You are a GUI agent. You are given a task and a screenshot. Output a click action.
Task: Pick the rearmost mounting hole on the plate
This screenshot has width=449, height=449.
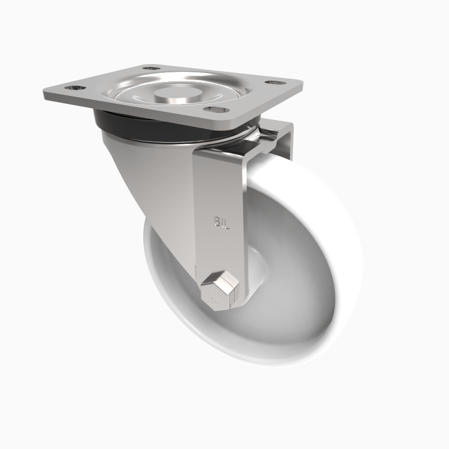[x=149, y=69]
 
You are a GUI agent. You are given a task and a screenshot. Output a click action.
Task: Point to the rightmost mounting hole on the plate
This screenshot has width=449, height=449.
[x=273, y=83]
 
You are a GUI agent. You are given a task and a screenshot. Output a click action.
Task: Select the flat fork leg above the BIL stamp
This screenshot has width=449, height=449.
[x=221, y=185]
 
